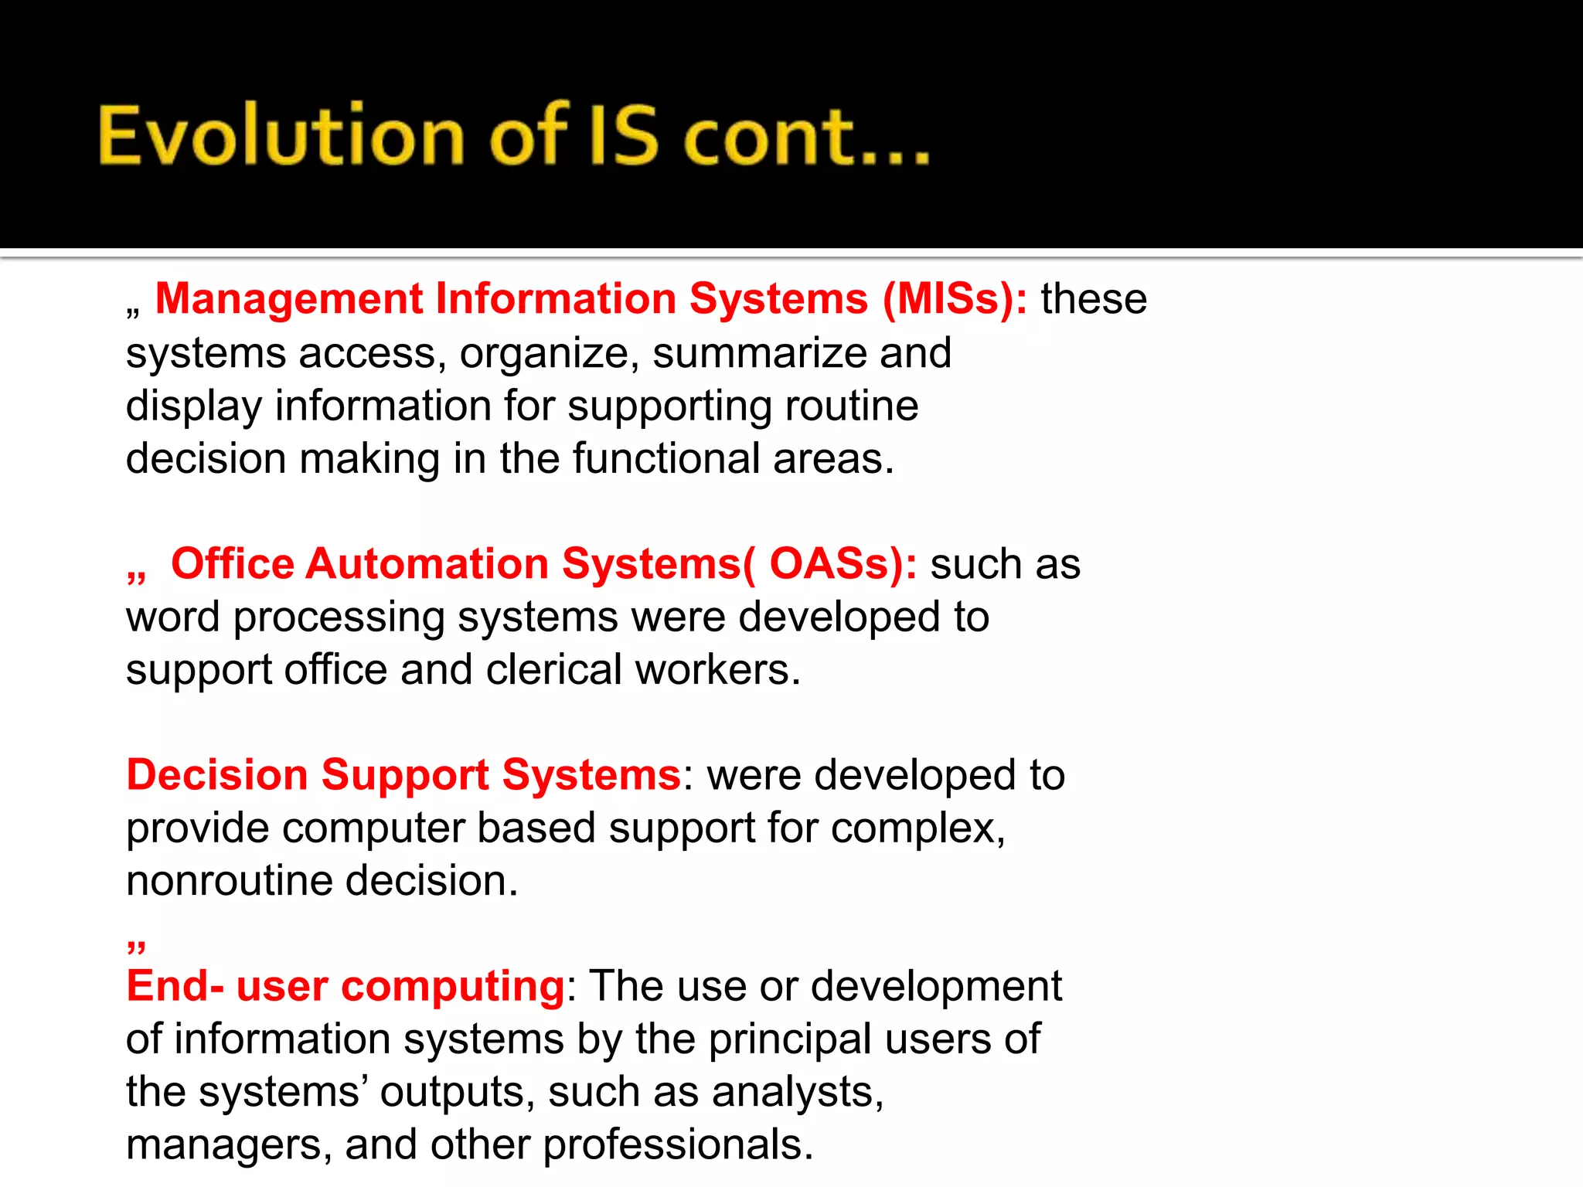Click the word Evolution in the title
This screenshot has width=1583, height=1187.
coord(281,136)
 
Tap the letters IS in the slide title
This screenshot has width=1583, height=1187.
coord(624,136)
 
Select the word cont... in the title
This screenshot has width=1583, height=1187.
coord(806,138)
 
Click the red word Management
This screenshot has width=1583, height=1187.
coord(288,299)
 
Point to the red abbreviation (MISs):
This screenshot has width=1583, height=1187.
coord(955,299)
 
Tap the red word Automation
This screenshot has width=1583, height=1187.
coord(427,563)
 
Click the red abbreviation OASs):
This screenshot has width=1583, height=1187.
coord(843,563)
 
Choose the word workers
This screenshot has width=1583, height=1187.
coord(717,669)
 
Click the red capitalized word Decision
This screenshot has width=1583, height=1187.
coord(217,775)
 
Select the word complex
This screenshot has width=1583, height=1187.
coord(917,828)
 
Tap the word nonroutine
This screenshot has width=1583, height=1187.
coord(229,881)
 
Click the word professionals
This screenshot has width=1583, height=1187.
coord(678,1145)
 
